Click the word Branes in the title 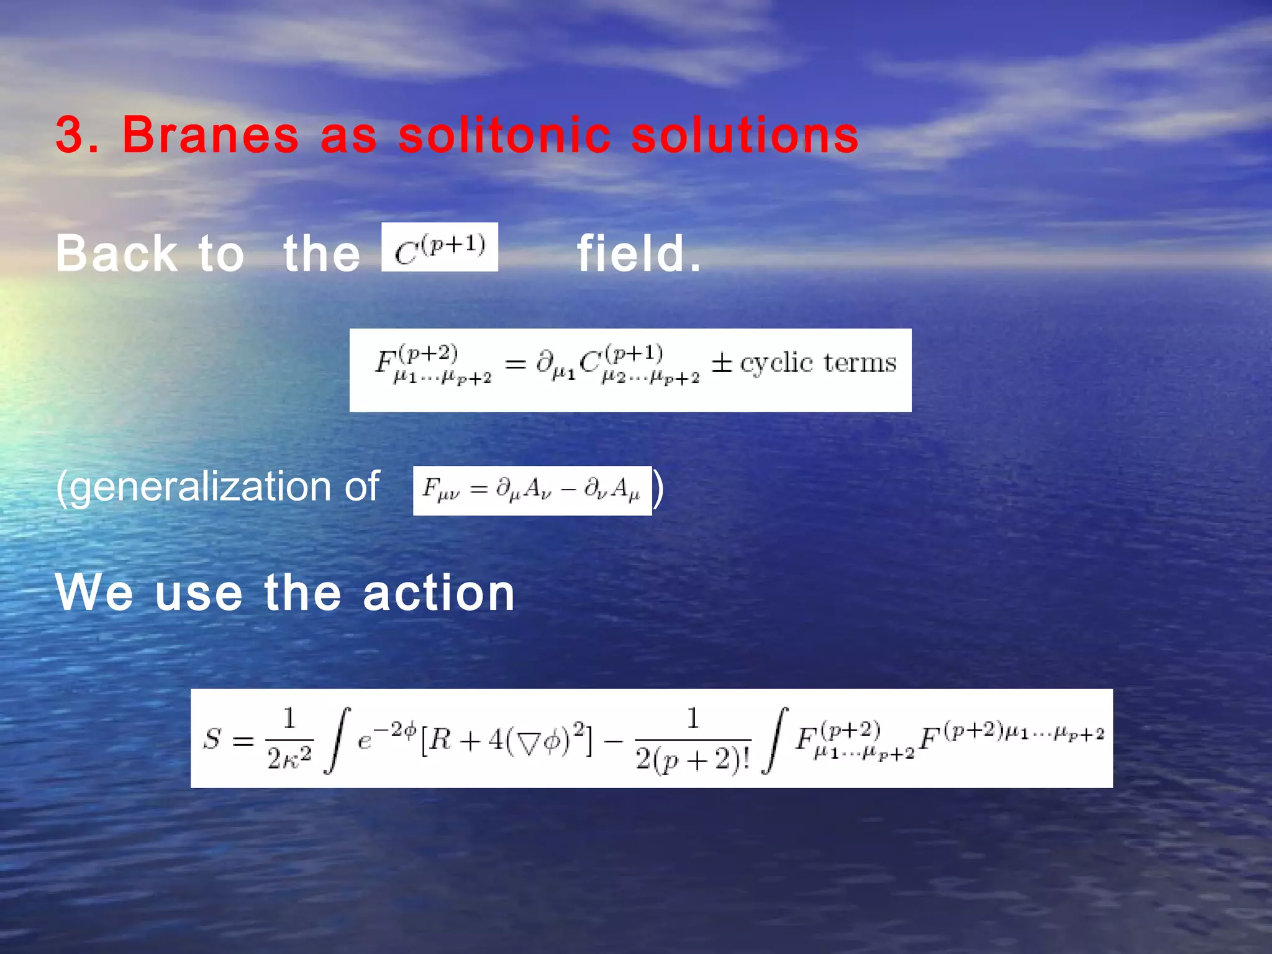pos(211,135)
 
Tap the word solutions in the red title pos(745,135)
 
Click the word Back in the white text pos(116,253)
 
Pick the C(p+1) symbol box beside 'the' pos(440,247)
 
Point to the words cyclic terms pos(818,363)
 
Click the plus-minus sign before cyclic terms pos(722,362)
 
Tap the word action pos(438,593)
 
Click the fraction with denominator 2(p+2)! pos(693,739)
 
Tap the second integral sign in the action pos(775,739)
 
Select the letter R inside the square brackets pos(440,739)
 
